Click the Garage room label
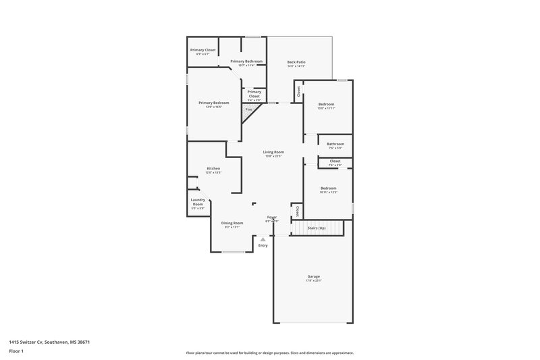[314, 277]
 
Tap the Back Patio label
[296, 62]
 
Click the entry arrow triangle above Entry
[263, 238]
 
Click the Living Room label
[273, 152]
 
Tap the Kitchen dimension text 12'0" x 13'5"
[213, 173]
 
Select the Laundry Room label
[198, 201]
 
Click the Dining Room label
[232, 223]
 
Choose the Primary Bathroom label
[246, 61]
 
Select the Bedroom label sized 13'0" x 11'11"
[327, 104]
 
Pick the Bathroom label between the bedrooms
[335, 144]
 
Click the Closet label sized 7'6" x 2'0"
[335, 161]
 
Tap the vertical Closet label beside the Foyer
[297, 211]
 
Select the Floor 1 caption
[16, 352]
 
